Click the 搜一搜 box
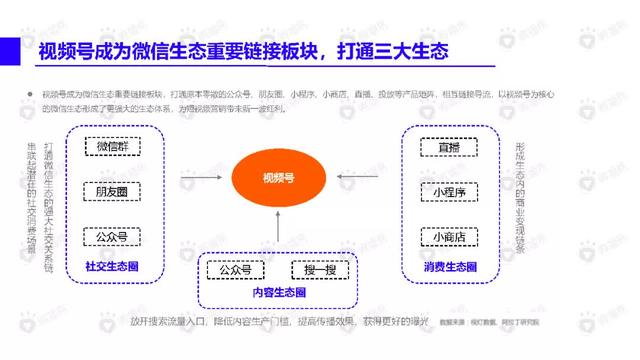(319, 270)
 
